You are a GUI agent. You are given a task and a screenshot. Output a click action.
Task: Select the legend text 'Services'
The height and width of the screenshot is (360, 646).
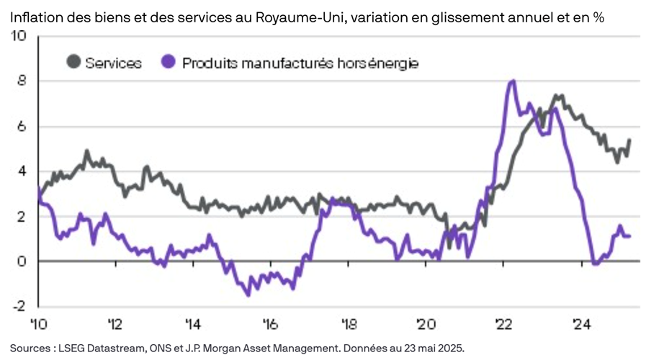[113, 63]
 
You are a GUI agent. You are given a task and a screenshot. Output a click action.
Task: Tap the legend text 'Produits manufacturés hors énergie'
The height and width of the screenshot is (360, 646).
[300, 63]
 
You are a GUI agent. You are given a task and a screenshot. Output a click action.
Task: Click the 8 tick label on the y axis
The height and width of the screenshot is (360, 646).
[22, 81]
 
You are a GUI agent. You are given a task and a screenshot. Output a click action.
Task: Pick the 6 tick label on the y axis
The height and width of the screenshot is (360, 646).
[22, 126]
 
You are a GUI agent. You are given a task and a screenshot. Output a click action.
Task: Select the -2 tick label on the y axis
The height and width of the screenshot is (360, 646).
[19, 305]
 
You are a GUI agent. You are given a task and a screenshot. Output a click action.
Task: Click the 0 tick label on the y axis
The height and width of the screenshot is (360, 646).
[22, 261]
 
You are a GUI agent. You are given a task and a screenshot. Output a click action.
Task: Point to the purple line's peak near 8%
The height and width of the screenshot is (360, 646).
[512, 81]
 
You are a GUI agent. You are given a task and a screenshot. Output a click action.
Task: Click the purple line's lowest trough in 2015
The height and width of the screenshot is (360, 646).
[248, 294]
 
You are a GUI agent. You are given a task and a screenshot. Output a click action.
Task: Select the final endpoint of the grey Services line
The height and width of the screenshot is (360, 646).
[629, 140]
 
